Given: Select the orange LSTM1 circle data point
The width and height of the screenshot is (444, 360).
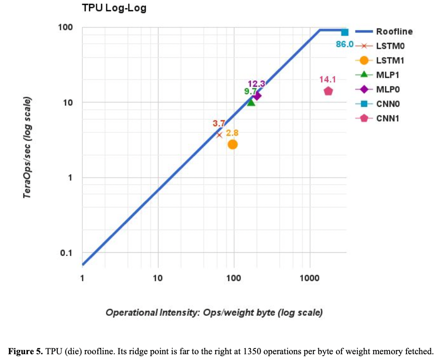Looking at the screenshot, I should tap(233, 144).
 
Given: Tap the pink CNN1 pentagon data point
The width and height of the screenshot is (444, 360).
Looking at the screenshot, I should tap(328, 91).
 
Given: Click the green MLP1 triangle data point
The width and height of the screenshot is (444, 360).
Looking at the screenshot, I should tap(251, 102).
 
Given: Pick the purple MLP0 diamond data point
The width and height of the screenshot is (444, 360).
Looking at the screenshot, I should tap(257, 96).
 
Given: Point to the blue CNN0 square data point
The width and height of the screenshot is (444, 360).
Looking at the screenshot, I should tap(345, 32).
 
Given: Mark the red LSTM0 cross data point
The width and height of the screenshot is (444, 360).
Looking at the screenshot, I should tap(220, 135).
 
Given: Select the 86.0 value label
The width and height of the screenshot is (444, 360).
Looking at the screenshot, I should tap(345, 44).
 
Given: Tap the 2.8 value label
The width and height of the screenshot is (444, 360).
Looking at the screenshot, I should tap(232, 133).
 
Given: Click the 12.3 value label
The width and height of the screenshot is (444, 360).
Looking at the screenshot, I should tap(256, 84).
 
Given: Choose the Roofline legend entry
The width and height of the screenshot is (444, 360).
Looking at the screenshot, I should tap(394, 32).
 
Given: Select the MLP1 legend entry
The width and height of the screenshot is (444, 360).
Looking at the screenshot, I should tap(388, 75).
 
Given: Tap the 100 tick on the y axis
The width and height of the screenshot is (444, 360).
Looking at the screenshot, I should tap(65, 27).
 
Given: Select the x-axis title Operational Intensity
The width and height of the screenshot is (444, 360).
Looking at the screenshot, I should tap(214, 312).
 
